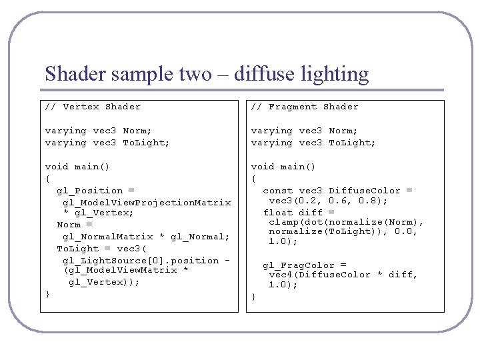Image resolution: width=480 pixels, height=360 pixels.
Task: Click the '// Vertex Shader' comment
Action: click(93, 107)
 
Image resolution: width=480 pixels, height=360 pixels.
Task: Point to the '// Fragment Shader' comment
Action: click(305, 107)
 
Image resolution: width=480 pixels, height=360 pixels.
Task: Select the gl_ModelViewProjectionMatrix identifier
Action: click(147, 202)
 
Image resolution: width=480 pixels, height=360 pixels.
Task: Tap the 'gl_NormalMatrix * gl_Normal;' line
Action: click(146, 237)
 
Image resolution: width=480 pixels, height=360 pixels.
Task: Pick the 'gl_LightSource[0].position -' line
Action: click(146, 261)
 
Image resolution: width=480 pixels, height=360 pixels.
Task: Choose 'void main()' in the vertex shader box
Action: click(77, 167)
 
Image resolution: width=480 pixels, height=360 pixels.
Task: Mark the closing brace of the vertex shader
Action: click(47, 294)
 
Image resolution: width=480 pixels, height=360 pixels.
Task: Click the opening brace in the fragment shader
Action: click(253, 179)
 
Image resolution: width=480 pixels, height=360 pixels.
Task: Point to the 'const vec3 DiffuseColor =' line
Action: click(337, 191)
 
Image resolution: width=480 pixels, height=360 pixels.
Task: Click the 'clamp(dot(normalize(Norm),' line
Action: click(346, 222)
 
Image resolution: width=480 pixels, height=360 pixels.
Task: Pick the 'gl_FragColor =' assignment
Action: click(304, 265)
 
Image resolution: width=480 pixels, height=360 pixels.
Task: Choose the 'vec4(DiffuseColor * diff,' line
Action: click(343, 275)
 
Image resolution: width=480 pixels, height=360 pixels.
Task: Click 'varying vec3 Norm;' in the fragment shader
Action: click(304, 131)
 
